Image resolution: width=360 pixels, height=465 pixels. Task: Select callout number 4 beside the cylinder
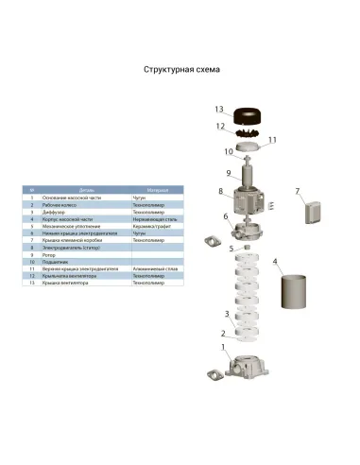click(275, 261)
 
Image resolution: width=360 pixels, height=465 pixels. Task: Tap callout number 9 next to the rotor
click(228, 173)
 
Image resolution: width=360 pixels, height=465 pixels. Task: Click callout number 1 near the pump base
click(223, 347)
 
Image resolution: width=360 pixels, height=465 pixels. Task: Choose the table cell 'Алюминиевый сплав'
click(151, 269)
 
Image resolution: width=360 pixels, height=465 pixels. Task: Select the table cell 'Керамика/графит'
click(150, 227)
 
